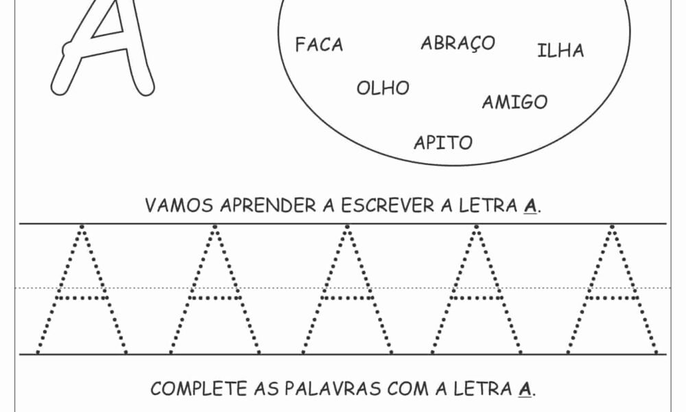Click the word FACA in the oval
coord(319,45)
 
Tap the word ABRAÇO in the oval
coord(458,43)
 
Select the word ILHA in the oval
coord(560,51)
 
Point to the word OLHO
coord(383,88)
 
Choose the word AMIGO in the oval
coord(514,103)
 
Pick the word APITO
coord(443,143)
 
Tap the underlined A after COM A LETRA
coord(525,389)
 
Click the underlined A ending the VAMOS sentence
coord(529,206)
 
